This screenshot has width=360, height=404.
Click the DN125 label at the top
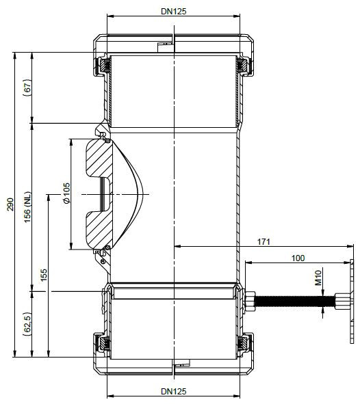coord(174,12)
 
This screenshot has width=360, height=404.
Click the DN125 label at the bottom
coord(174,392)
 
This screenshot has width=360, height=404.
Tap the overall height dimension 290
coord(10,204)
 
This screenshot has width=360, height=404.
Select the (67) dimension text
coord(27,87)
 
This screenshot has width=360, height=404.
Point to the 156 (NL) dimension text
coord(27,207)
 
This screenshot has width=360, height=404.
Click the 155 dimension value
coord(44,275)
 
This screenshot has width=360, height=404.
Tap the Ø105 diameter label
coord(66,193)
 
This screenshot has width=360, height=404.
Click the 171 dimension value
coord(263,242)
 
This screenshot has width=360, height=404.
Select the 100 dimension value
coord(298,258)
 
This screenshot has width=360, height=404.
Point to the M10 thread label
coord(318,278)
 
